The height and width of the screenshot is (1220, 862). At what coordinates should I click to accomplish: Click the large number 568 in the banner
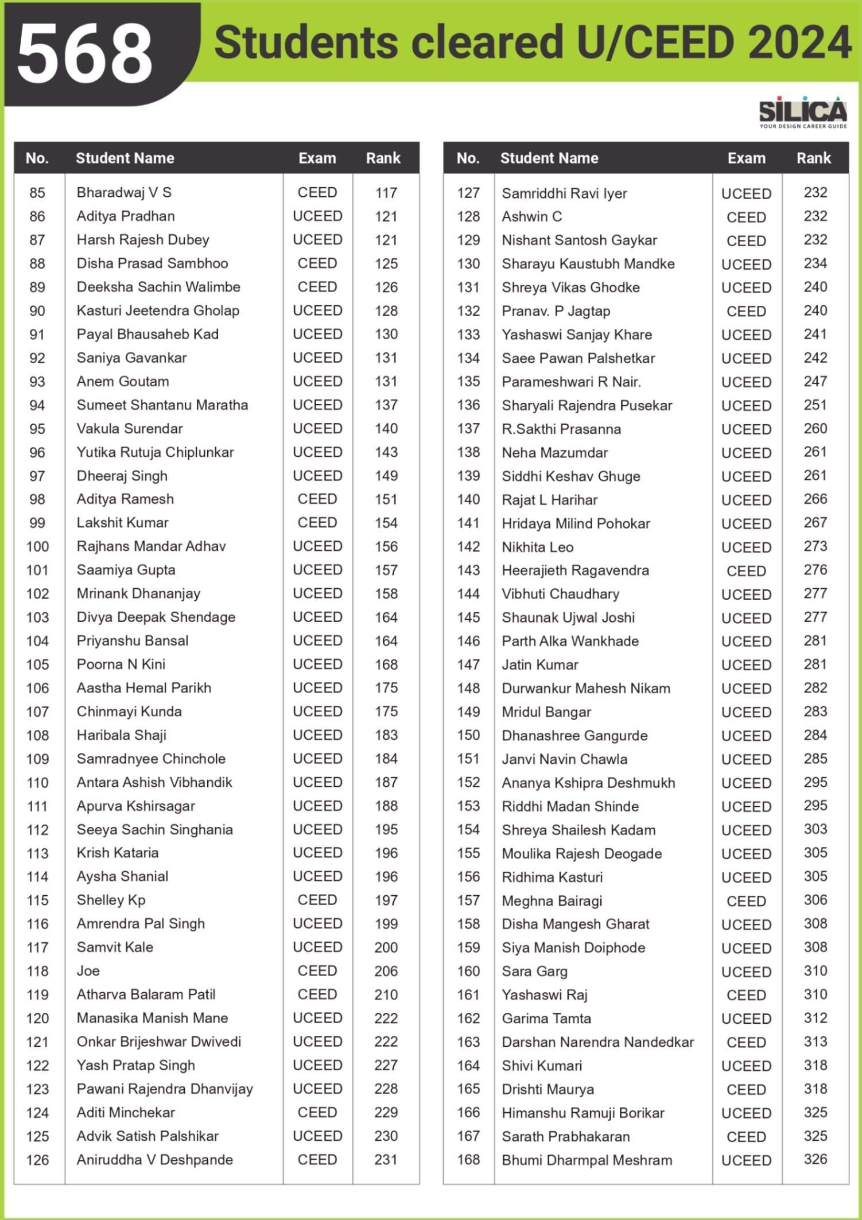click(85, 54)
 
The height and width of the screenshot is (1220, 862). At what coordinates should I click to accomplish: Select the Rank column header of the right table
click(813, 158)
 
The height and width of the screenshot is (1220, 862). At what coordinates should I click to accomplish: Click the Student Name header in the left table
click(125, 158)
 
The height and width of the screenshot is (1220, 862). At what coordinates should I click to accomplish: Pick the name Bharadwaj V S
click(124, 193)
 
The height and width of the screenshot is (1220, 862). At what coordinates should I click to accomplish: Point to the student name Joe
click(88, 971)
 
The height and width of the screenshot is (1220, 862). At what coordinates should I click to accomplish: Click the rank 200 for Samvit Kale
click(386, 947)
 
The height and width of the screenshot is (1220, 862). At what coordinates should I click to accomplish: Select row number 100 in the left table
click(37, 546)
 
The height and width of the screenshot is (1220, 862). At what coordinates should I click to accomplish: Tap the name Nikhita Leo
click(537, 547)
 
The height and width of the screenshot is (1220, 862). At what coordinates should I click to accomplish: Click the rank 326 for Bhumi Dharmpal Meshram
click(815, 1159)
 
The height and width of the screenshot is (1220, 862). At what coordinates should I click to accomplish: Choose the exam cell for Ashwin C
click(746, 217)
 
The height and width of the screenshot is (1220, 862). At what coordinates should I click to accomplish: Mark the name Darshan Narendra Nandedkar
click(597, 1042)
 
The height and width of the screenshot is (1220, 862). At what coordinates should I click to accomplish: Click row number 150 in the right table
click(468, 735)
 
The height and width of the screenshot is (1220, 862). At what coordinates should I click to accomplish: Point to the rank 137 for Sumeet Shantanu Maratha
click(386, 405)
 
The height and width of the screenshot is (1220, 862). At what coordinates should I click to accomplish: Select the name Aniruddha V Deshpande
click(155, 1160)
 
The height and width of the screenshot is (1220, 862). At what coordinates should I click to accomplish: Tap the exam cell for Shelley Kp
click(317, 900)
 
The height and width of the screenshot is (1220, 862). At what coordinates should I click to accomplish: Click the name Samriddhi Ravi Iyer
click(564, 193)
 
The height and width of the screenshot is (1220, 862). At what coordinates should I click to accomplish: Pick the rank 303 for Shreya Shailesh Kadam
click(815, 829)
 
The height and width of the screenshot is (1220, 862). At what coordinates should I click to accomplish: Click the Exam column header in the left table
click(317, 158)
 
